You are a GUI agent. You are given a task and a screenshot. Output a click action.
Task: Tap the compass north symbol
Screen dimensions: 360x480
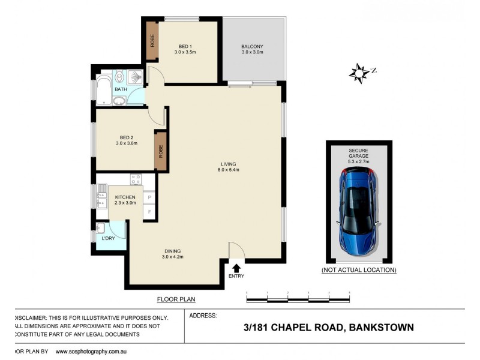[x=359, y=73]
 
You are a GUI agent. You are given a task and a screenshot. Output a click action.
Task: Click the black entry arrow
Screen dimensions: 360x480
[x=236, y=268]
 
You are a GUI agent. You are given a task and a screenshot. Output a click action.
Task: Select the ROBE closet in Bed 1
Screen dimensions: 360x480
[x=152, y=41]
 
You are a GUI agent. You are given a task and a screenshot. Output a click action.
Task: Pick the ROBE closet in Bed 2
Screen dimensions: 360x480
[x=160, y=149]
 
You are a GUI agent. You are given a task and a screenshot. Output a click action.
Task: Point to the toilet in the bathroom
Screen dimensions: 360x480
[x=119, y=76]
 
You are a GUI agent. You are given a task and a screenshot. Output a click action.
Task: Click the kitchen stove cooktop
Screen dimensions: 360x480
[x=136, y=178]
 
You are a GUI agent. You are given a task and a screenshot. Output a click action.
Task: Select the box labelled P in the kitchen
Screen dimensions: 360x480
[x=148, y=197]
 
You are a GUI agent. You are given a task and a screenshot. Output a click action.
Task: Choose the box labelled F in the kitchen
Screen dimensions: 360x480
[x=148, y=212]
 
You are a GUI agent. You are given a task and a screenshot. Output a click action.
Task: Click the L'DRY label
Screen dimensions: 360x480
[x=109, y=238]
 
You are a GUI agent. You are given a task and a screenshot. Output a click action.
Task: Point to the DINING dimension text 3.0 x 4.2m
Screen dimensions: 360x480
[x=172, y=257]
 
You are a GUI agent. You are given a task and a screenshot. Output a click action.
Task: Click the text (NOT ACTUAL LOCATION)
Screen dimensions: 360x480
[x=359, y=270]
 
